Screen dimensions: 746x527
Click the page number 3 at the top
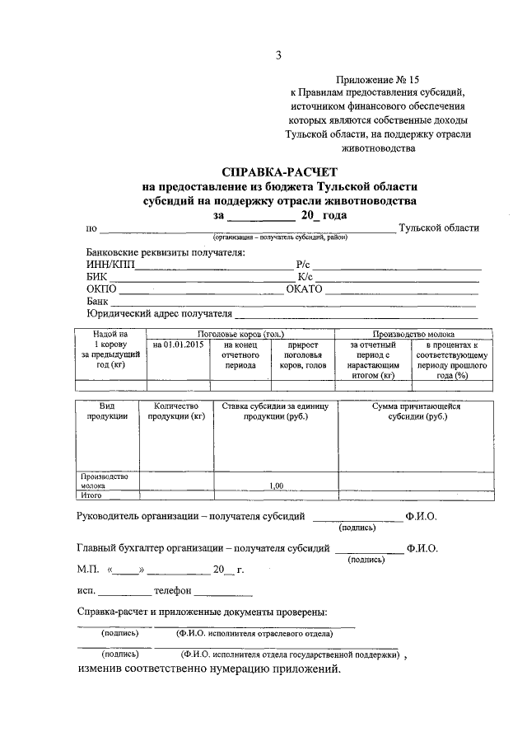point(278,55)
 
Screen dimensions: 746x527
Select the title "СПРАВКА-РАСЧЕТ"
point(275,173)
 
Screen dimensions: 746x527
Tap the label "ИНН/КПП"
point(109,265)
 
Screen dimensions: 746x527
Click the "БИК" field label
point(96,277)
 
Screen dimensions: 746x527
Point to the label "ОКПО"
point(102,289)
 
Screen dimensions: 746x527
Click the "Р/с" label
point(302,265)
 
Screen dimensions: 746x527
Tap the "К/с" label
point(302,277)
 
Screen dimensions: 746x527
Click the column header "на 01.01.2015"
point(178,345)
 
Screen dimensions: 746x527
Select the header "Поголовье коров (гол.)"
point(240,334)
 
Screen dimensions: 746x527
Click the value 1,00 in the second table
point(276,486)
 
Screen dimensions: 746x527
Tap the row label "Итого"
point(91,495)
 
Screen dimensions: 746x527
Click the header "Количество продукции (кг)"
point(176,411)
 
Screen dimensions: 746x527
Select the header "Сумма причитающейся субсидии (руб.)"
point(417,411)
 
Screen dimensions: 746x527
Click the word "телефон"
point(173,591)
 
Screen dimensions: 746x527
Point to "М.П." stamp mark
point(87,570)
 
